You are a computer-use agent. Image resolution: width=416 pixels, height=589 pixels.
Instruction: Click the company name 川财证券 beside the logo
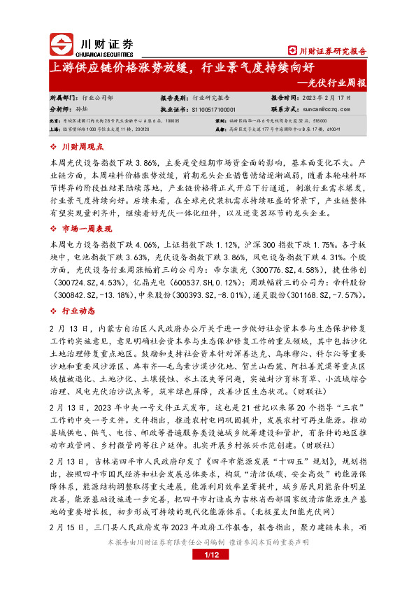pyautogui.click(x=103, y=43)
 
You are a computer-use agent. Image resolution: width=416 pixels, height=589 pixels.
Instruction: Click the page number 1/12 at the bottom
pyautogui.click(x=207, y=575)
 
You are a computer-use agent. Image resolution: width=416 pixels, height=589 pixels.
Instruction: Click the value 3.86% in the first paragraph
pyautogui.click(x=146, y=162)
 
